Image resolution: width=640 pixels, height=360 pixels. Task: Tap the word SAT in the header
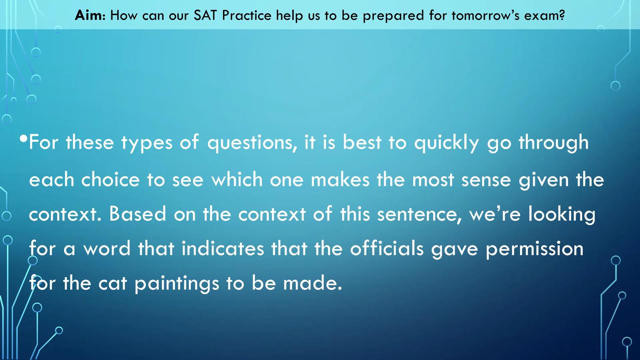coord(205,15)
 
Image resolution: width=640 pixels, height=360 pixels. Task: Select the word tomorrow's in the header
coord(485,15)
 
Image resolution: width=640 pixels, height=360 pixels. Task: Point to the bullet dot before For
coord(23,138)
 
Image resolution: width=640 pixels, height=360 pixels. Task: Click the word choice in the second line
coord(110,180)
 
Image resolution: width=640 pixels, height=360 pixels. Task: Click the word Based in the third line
coord(137,214)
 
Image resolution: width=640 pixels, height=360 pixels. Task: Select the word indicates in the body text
coord(222,249)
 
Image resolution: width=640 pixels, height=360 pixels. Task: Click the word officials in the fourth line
coord(387,249)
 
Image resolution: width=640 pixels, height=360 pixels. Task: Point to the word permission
coord(534,249)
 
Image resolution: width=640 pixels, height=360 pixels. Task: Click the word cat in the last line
coord(113,283)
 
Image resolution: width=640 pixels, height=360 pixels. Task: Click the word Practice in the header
coord(246,15)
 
